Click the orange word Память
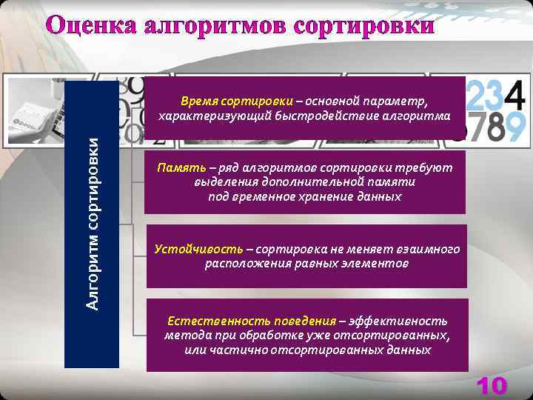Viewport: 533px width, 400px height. pos(176,168)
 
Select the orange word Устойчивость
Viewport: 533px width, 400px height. pos(198,249)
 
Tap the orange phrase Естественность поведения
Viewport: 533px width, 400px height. pos(251,321)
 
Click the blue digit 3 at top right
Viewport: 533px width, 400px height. pos(492,96)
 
